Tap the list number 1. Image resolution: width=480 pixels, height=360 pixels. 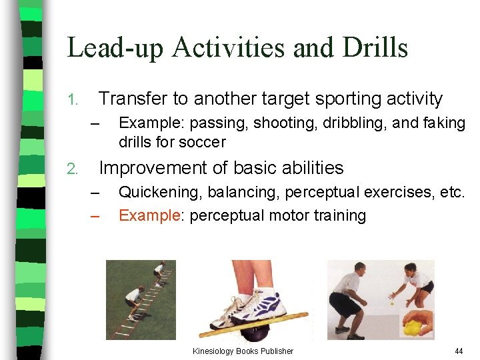[73, 101]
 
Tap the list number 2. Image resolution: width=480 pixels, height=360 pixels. [73, 169]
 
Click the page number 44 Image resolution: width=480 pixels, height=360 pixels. [458, 351]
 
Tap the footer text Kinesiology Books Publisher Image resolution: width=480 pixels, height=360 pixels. [243, 351]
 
